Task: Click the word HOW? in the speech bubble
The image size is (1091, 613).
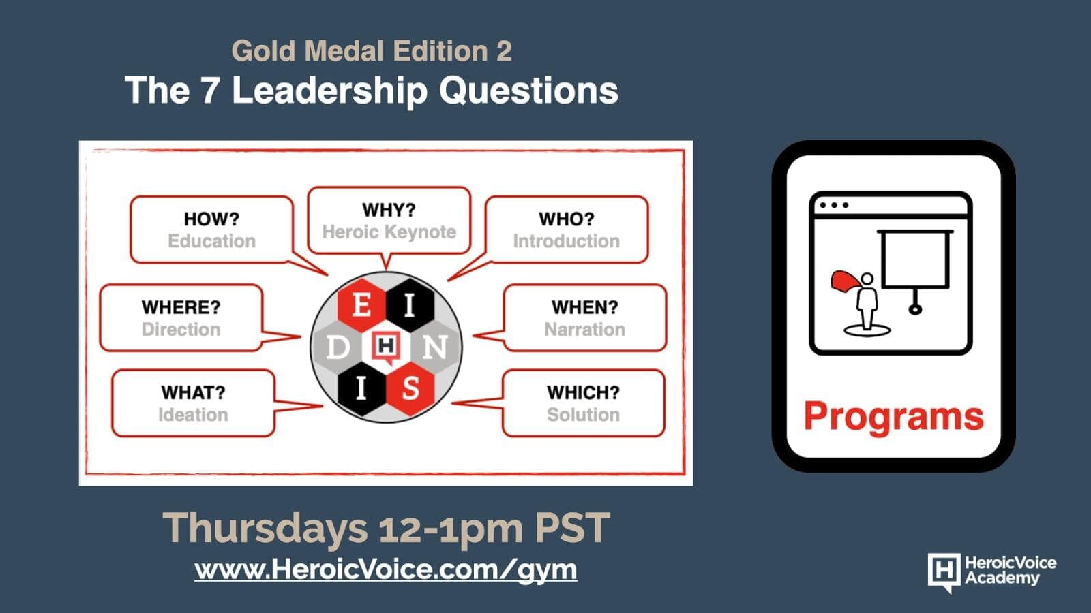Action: pos(211,219)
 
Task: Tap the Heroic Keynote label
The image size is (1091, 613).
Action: pos(389,232)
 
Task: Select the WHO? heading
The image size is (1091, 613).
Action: pos(567,219)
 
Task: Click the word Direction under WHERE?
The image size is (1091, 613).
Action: pos(181,330)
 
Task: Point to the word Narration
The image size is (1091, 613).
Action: pos(584,330)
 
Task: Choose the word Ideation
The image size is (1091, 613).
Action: pos(193,415)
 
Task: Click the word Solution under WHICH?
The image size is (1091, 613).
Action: pos(583,415)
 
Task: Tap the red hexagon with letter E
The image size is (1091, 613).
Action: pos(361,306)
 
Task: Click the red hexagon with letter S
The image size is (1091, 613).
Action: pos(410,389)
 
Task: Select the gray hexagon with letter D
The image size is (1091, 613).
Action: pos(337,347)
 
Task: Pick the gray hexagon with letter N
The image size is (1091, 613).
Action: pos(435,347)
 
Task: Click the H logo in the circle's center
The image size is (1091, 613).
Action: pos(386,347)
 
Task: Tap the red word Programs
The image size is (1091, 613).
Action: pos(894,418)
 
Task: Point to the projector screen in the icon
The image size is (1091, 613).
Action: pos(914,260)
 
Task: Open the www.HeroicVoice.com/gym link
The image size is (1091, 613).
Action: pos(385,569)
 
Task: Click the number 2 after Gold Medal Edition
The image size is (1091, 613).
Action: pos(504,51)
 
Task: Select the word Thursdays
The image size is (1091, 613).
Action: pos(265,527)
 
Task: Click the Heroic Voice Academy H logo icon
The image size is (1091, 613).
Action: pos(944,572)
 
